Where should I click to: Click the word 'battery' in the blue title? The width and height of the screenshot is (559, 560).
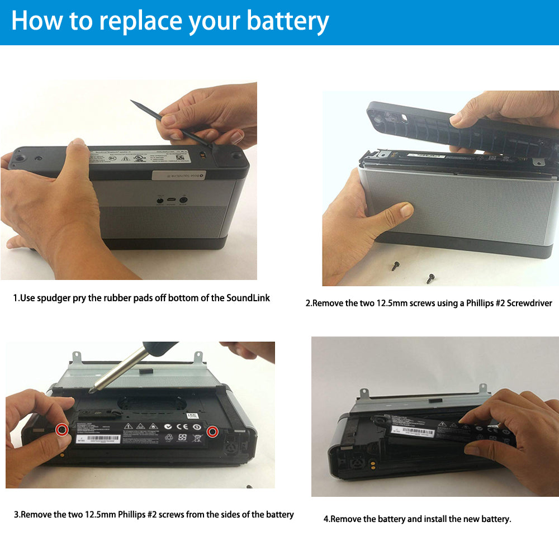point(288,21)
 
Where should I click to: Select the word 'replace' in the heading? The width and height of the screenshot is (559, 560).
point(141,22)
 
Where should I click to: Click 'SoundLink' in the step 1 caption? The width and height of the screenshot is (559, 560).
point(248,298)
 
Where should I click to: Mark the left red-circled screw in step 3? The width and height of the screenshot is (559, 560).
point(63,429)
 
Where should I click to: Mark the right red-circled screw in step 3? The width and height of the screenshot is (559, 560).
point(212,432)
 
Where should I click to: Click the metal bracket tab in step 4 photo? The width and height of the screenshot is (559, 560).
point(363,396)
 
